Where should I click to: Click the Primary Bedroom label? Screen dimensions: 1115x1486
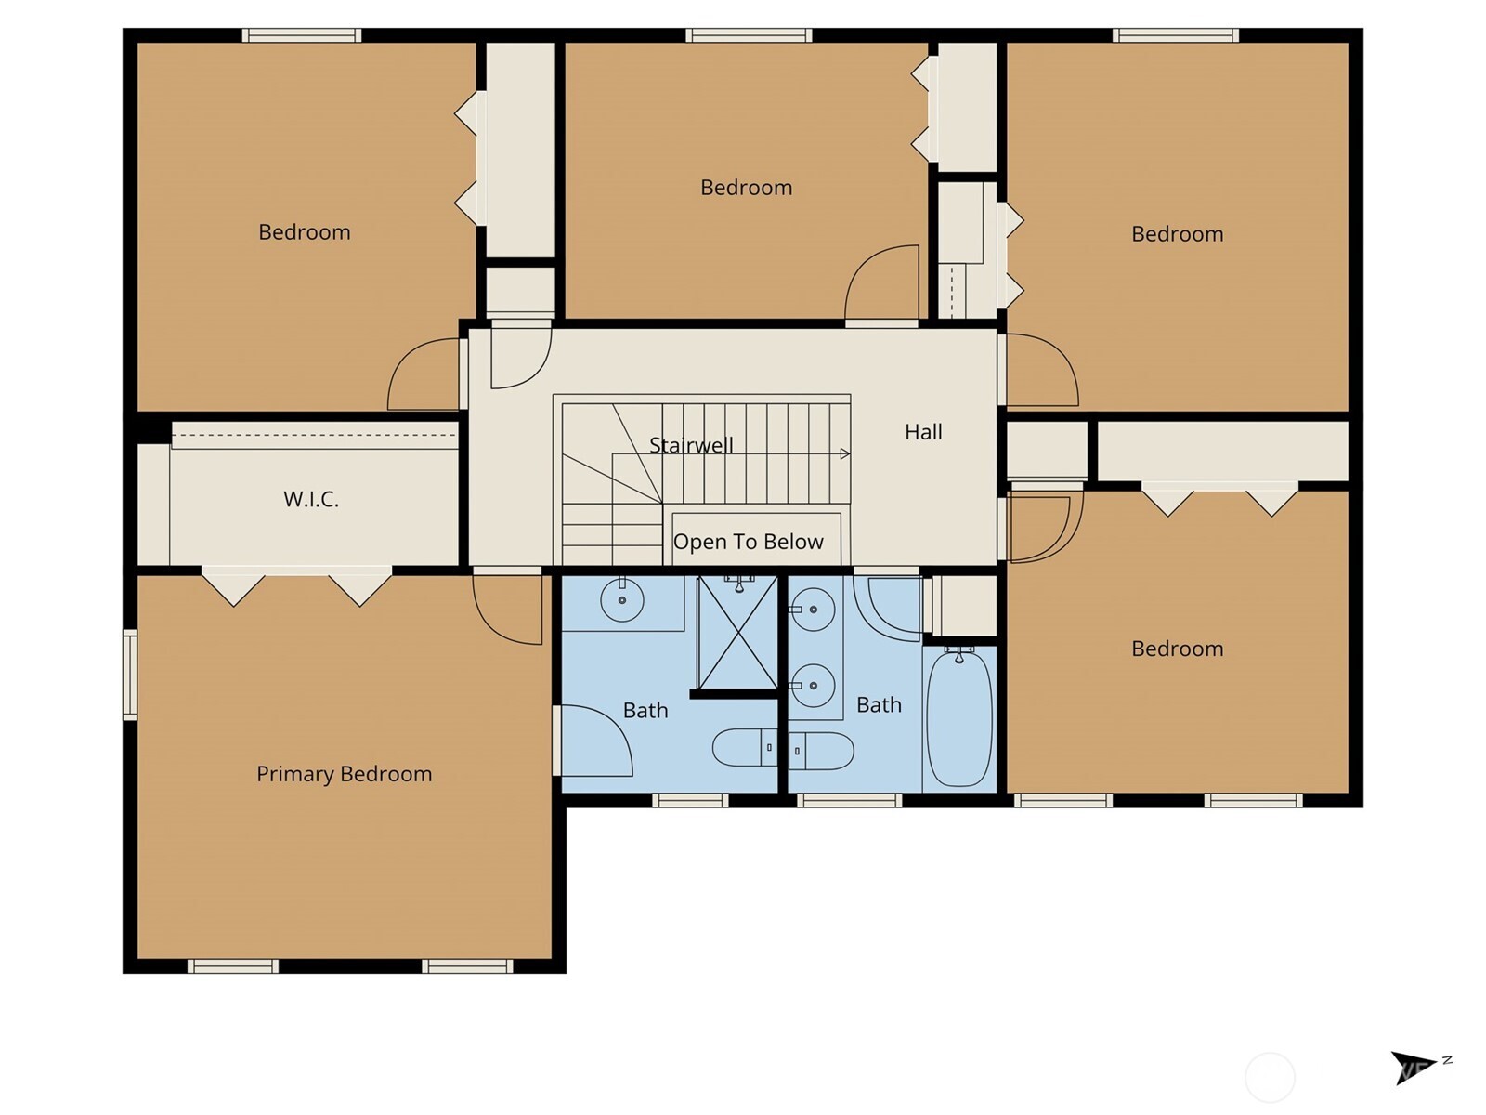(344, 774)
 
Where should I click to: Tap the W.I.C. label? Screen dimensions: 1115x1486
(311, 499)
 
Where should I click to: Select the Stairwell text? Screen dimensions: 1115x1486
(691, 445)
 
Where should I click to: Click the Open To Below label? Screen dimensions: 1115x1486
(748, 542)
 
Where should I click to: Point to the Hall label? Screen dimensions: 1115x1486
(923, 432)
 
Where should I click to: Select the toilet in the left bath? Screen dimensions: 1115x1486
(744, 747)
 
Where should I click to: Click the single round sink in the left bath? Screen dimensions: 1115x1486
(622, 600)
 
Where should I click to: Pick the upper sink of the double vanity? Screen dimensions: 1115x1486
(814, 610)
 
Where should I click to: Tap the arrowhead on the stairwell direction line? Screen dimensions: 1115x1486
(844, 454)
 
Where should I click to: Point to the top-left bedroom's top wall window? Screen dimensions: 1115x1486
(302, 35)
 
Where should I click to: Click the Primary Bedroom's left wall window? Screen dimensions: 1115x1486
(130, 675)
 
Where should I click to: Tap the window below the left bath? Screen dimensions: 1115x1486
(689, 800)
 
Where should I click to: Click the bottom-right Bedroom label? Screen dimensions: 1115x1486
(1177, 649)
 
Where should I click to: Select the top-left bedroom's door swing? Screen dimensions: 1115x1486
(424, 374)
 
